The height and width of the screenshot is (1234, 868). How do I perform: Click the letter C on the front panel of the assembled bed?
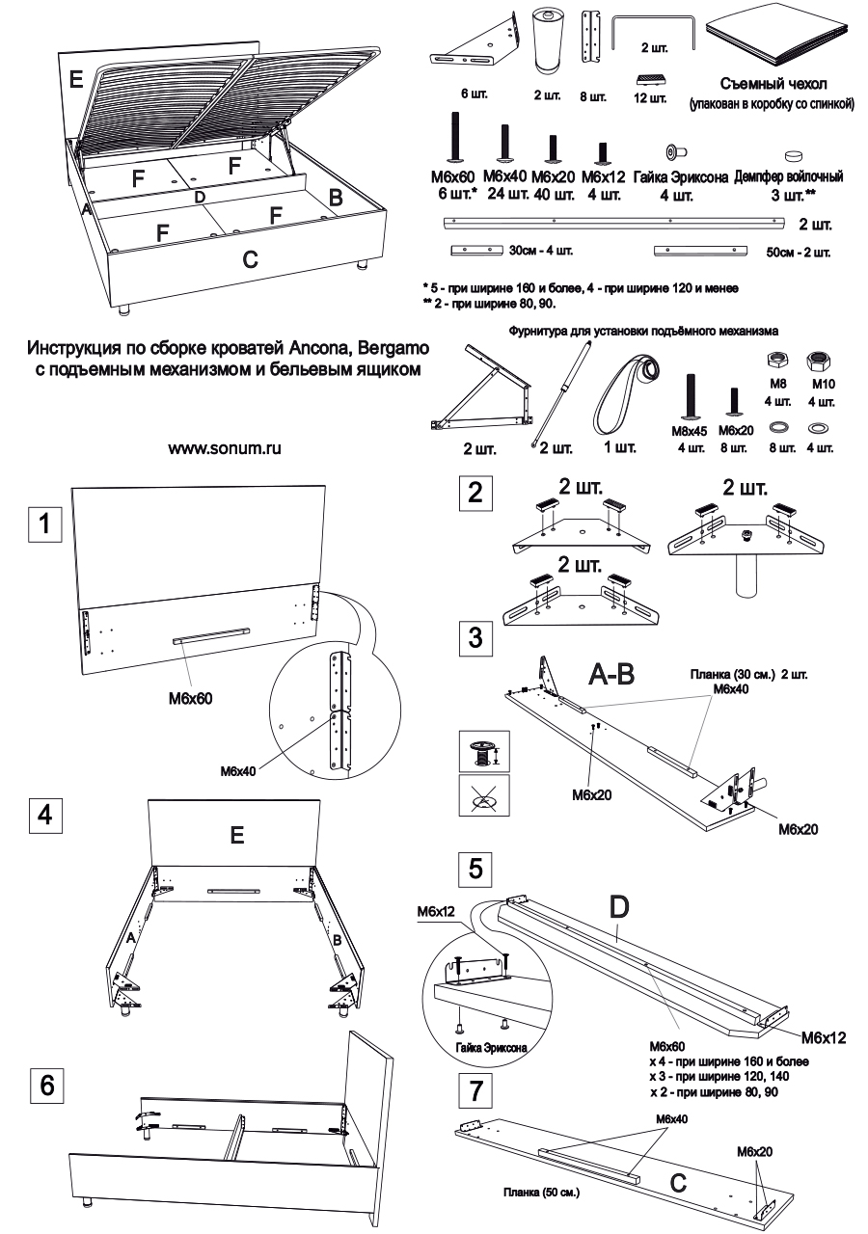(250, 258)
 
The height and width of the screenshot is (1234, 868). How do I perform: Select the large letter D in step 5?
(620, 906)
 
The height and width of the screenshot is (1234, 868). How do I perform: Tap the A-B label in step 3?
(611, 676)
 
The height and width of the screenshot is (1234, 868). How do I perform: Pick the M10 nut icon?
(818, 362)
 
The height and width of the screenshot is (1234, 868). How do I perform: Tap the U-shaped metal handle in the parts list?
(653, 32)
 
